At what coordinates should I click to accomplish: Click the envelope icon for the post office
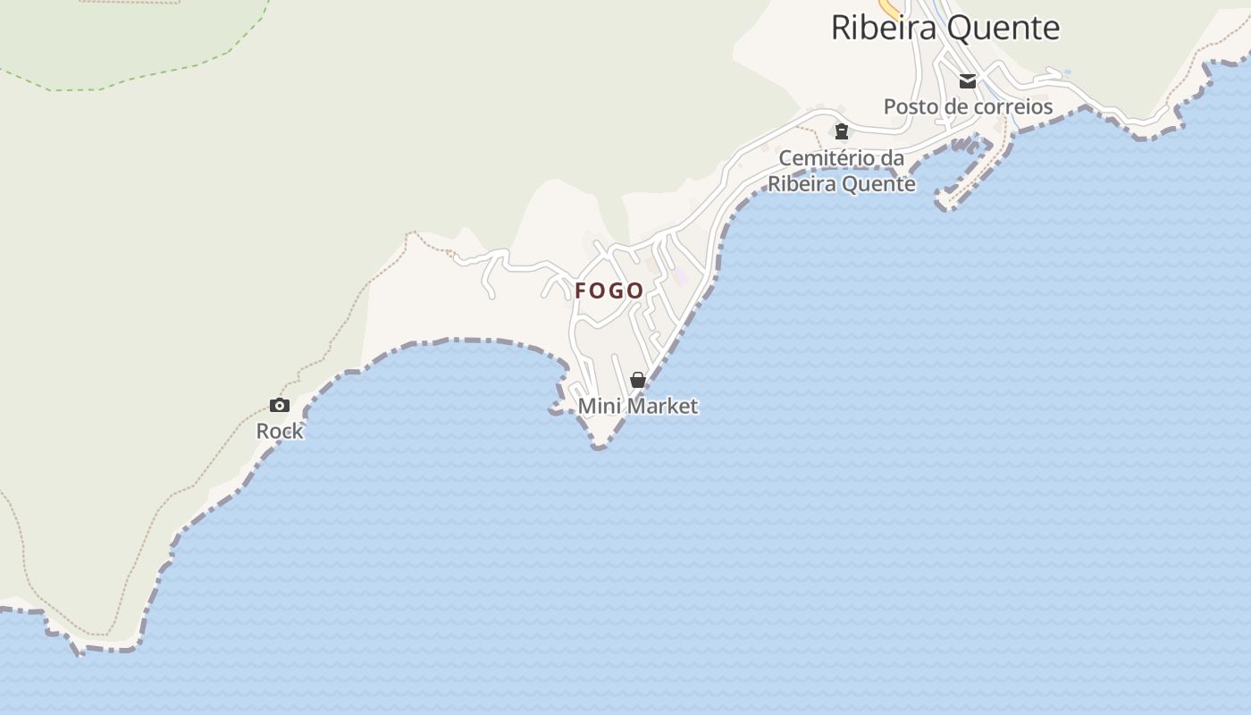pos(968,81)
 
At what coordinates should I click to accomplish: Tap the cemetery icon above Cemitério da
pos(841,132)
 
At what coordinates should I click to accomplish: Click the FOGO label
pos(609,290)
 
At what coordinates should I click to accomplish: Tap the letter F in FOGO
pos(581,290)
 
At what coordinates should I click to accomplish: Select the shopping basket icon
pos(638,380)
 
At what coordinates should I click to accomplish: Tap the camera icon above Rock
pos(280,405)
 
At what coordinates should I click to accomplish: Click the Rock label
pos(280,431)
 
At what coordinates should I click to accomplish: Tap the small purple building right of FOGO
pos(681,276)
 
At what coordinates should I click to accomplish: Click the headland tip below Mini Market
pos(598,444)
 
